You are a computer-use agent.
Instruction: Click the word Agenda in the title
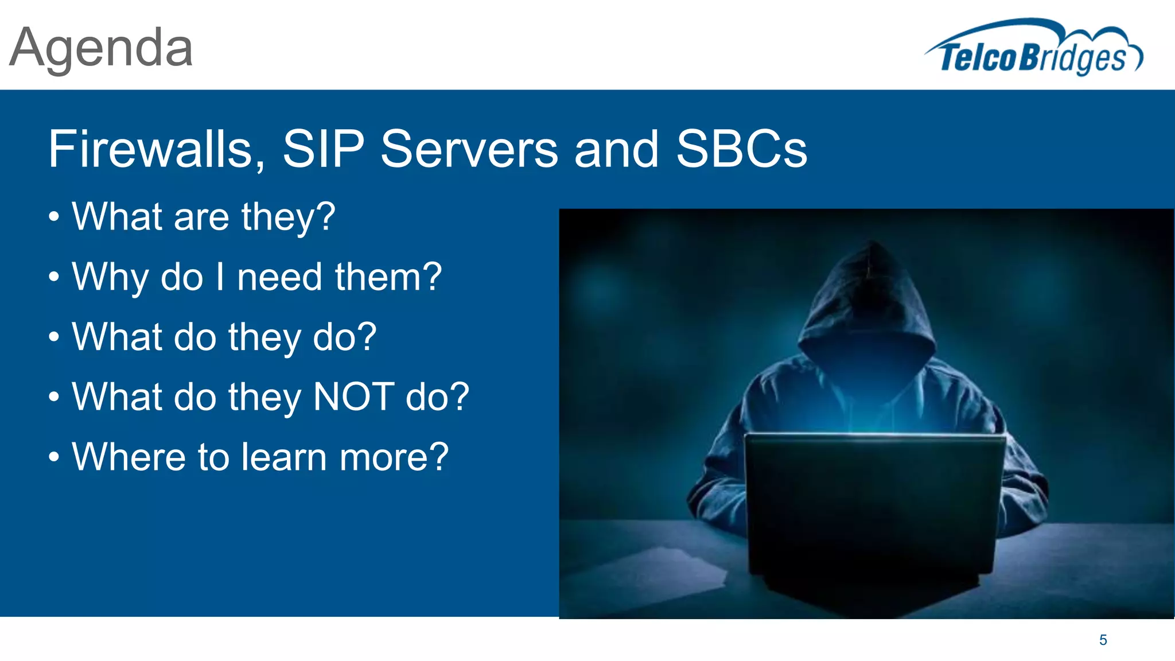click(101, 49)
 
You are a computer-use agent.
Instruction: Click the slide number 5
click(1103, 640)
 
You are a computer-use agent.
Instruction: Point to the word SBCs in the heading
click(741, 149)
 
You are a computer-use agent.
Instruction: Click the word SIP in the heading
click(324, 149)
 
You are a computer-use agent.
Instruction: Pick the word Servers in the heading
click(469, 149)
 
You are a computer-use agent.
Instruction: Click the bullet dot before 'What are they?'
click(54, 217)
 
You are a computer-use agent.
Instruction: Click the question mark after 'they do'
click(366, 337)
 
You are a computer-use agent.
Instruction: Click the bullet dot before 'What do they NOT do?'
click(54, 397)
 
